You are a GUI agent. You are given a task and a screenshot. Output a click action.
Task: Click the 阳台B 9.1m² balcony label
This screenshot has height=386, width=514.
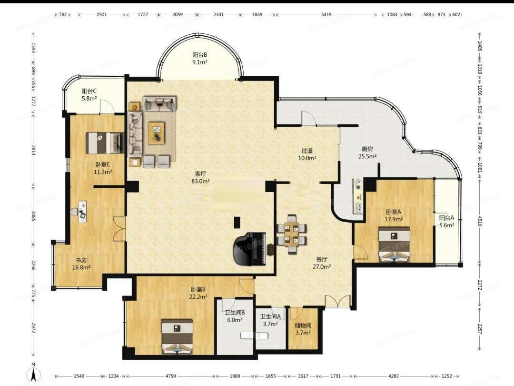pyautogui.click(x=199, y=59)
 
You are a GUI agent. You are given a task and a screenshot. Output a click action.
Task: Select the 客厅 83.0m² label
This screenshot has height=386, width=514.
pyautogui.click(x=201, y=177)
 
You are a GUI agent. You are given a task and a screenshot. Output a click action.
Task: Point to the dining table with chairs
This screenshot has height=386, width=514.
pyautogui.click(x=292, y=234)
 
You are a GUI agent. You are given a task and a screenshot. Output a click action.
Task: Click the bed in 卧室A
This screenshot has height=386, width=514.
pyautogui.click(x=394, y=244)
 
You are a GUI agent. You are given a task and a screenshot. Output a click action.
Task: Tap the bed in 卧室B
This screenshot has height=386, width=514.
pyautogui.click(x=177, y=337)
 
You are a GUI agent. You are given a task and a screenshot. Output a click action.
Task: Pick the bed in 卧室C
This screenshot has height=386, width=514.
pyautogui.click(x=104, y=143)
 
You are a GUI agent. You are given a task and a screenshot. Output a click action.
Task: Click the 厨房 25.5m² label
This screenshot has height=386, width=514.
pyautogui.click(x=367, y=152)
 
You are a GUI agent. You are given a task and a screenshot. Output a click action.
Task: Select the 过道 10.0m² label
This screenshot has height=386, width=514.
pyautogui.click(x=307, y=154)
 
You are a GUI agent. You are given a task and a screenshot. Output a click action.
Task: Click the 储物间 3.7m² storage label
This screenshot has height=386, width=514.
pyautogui.click(x=303, y=329)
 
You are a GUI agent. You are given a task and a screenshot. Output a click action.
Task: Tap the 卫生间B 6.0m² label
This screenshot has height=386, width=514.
pyautogui.click(x=234, y=316)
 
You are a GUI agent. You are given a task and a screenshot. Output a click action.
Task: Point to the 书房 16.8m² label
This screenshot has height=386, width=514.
pyautogui.click(x=81, y=264)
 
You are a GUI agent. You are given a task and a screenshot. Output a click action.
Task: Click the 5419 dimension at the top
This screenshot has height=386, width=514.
pyautogui.click(x=326, y=14)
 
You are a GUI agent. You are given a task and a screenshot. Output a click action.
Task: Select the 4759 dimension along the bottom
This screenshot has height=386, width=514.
pyautogui.click(x=170, y=376)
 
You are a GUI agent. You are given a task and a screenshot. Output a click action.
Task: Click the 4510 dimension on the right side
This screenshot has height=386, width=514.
pyautogui.click(x=480, y=221)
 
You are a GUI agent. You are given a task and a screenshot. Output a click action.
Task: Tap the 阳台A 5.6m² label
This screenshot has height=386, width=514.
pyautogui.click(x=446, y=221)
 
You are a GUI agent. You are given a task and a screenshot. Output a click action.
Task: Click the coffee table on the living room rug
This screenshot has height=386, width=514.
pyautogui.click(x=156, y=133)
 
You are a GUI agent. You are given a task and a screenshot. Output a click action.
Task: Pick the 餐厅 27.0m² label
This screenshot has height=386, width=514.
pyautogui.click(x=322, y=263)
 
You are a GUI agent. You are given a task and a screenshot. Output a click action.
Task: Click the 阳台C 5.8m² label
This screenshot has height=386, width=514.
pyautogui.click(x=89, y=94)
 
